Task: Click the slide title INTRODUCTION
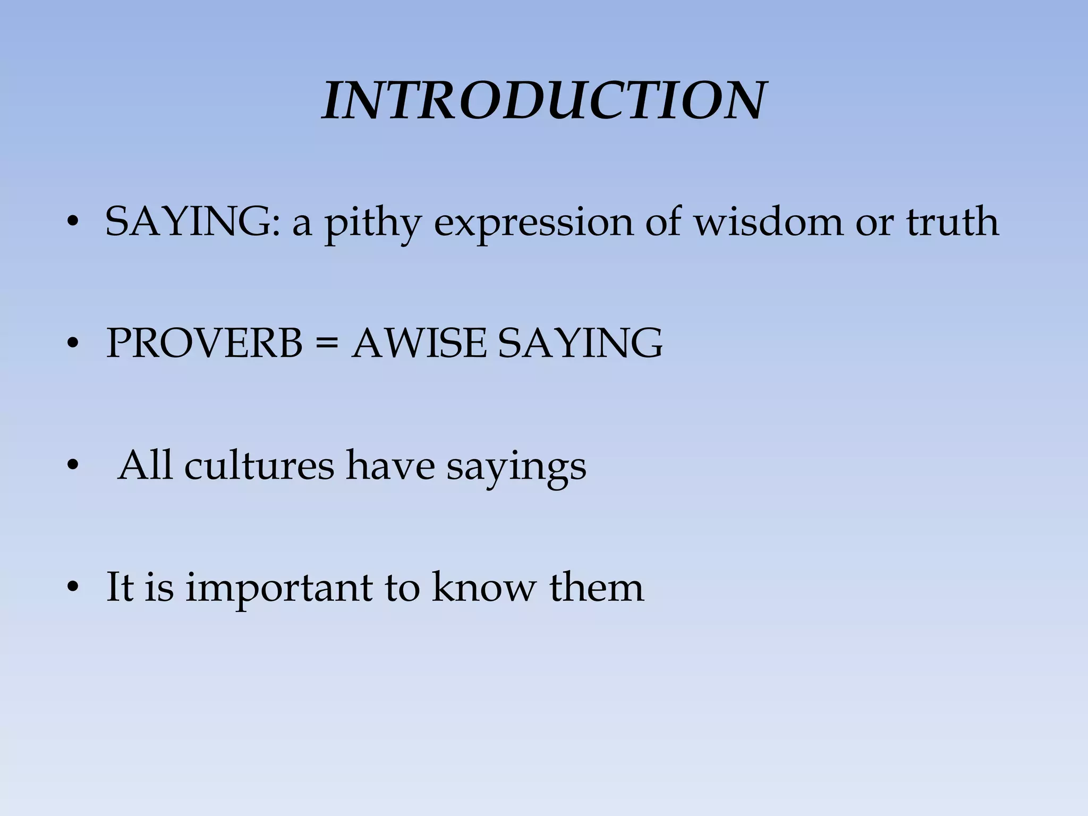(x=544, y=101)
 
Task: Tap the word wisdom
(x=769, y=222)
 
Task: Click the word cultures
(x=259, y=466)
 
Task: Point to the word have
(x=390, y=466)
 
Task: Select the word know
(x=483, y=588)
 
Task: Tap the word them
(x=596, y=588)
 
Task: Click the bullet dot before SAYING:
(x=73, y=223)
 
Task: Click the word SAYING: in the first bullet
(x=192, y=222)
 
